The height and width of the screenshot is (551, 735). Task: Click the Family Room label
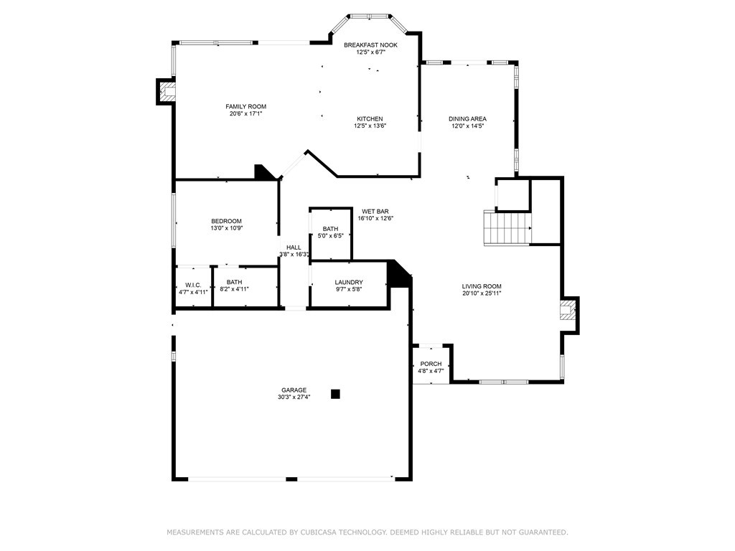pyautogui.click(x=245, y=106)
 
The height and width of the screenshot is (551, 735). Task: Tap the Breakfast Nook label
pyautogui.click(x=370, y=45)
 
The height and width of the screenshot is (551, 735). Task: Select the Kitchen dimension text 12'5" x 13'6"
pyautogui.click(x=370, y=126)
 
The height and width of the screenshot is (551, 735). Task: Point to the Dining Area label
pyautogui.click(x=467, y=119)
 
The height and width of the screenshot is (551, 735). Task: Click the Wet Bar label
pyautogui.click(x=375, y=212)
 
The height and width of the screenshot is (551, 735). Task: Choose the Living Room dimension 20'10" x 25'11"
pyautogui.click(x=482, y=293)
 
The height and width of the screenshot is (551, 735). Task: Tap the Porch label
pyautogui.click(x=431, y=364)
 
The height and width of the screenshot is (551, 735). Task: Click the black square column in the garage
pyautogui.click(x=335, y=394)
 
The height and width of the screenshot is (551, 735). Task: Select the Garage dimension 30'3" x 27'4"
pyautogui.click(x=294, y=397)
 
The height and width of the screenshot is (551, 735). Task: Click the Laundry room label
pyautogui.click(x=349, y=282)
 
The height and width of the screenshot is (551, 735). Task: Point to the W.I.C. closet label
pyautogui.click(x=193, y=285)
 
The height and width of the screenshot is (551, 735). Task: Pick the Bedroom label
pyautogui.click(x=226, y=221)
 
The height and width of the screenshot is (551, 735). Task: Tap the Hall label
pyautogui.click(x=294, y=248)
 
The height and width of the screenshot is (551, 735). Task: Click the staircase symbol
pyautogui.click(x=507, y=228)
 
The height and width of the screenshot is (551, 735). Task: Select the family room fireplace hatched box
pyautogui.click(x=167, y=91)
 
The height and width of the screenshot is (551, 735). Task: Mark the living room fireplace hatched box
pyautogui.click(x=567, y=311)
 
